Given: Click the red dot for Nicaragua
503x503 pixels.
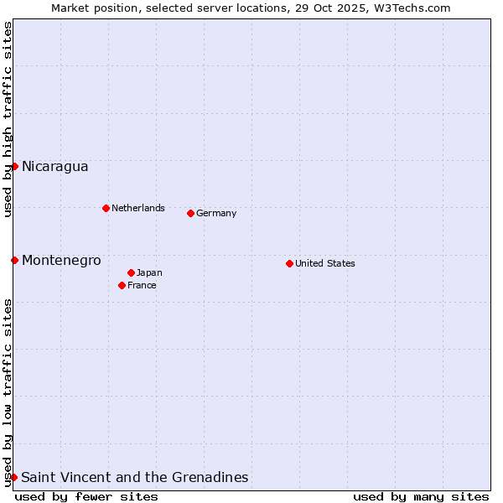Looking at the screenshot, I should (14, 166).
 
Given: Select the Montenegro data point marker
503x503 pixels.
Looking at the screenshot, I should (14, 260).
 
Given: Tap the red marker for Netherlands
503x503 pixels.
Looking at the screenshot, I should (106, 208).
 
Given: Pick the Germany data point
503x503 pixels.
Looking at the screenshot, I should (190, 213).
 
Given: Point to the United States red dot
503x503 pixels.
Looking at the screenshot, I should (289, 263).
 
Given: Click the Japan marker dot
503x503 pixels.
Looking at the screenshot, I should (131, 272).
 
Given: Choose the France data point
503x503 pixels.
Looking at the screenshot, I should (122, 285).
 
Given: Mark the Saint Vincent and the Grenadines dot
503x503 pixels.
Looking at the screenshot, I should (14, 477).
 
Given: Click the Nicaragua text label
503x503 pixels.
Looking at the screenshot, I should (54, 166).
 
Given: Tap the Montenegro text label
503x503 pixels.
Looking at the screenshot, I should (61, 260).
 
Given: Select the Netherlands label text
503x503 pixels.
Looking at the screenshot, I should (137, 208).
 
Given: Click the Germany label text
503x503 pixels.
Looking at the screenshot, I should (216, 213).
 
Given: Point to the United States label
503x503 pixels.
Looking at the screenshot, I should (324, 263).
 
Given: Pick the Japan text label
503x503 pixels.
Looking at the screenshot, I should (149, 272).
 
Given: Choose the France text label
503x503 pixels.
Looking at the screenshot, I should (142, 285).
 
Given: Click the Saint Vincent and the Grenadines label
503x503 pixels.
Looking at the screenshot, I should (134, 477).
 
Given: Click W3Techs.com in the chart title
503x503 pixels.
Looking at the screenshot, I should (412, 8).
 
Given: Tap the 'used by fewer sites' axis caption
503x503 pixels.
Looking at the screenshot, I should (86, 496).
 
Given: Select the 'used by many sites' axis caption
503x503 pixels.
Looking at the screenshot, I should (421, 496).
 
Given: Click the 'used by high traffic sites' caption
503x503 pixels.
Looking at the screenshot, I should (8, 119).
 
